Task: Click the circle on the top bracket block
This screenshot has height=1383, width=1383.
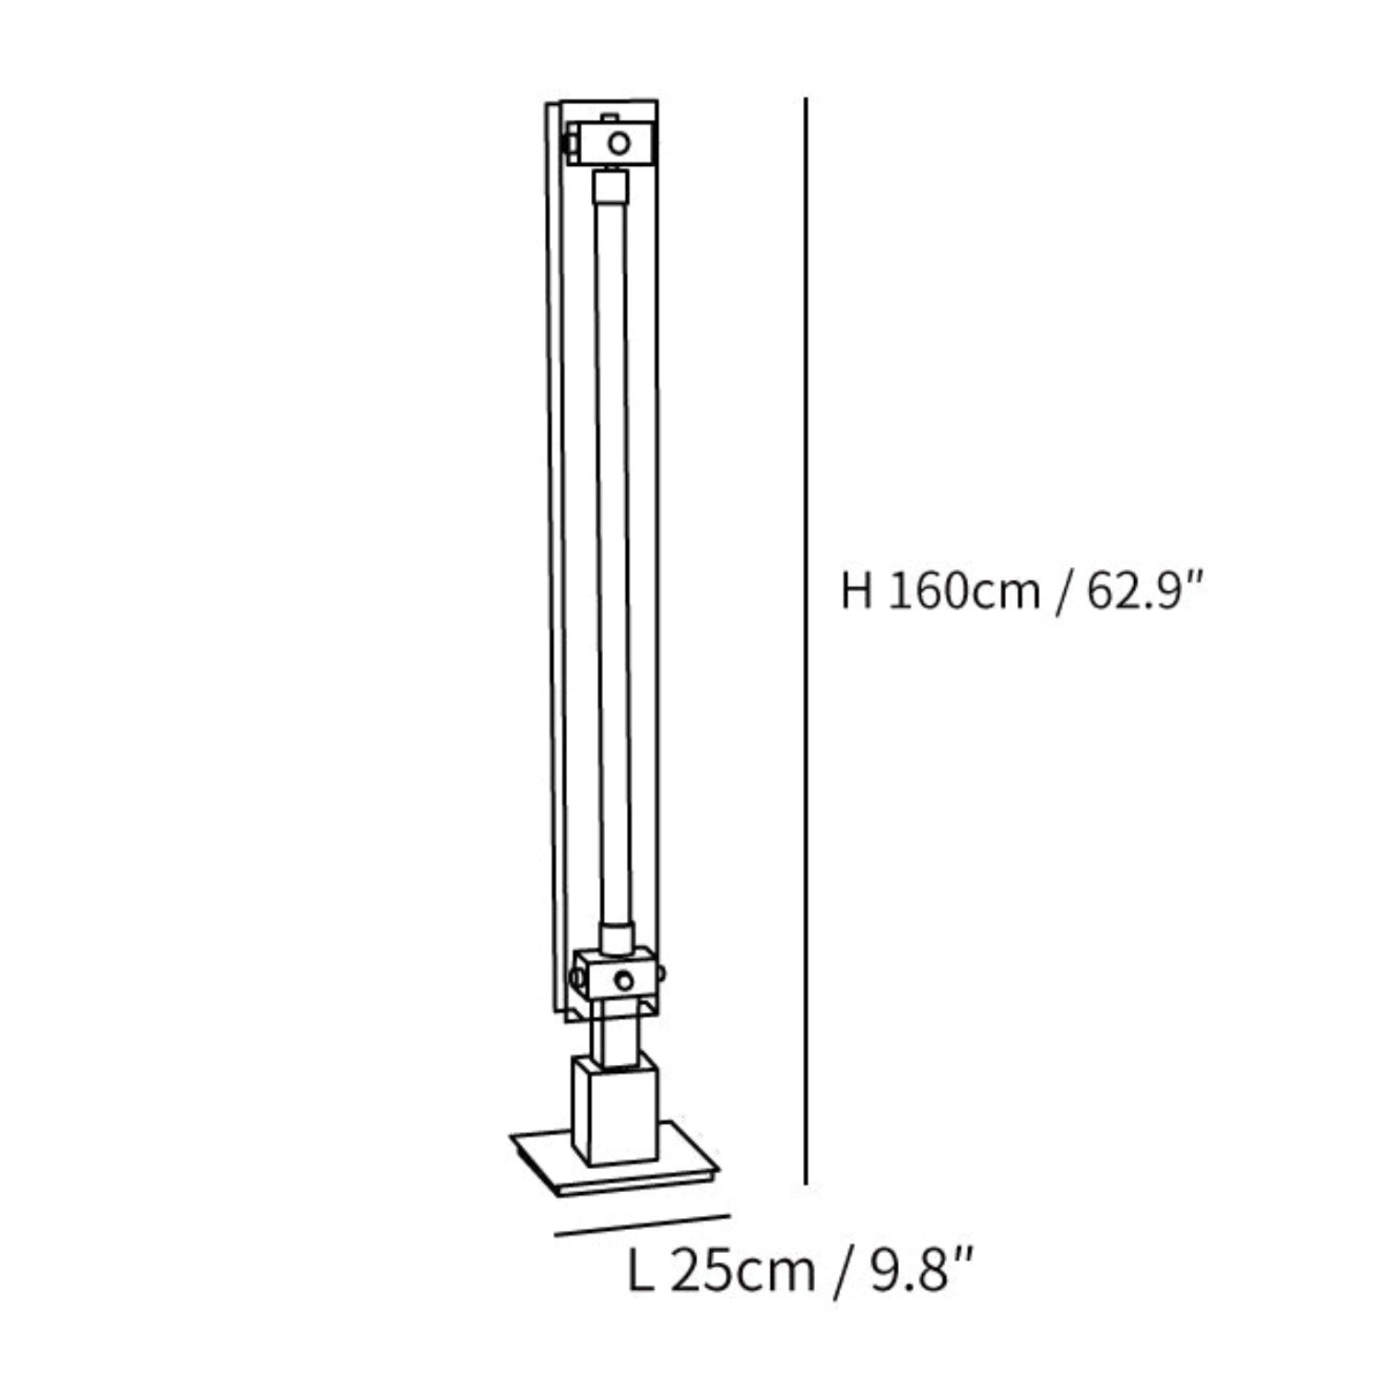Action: click(620, 143)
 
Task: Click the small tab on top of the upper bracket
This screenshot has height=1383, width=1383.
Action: click(609, 117)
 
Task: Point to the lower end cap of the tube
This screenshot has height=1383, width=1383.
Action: click(615, 939)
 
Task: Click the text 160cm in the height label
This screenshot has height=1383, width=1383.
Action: click(963, 590)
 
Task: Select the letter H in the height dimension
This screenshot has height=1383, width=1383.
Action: click(857, 590)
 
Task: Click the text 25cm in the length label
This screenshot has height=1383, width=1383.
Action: click(743, 1272)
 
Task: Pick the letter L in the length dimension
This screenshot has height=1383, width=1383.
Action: click(640, 1272)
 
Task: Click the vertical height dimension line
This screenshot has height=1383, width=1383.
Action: click(806, 645)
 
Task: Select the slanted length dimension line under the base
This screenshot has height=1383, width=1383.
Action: click(643, 1224)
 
